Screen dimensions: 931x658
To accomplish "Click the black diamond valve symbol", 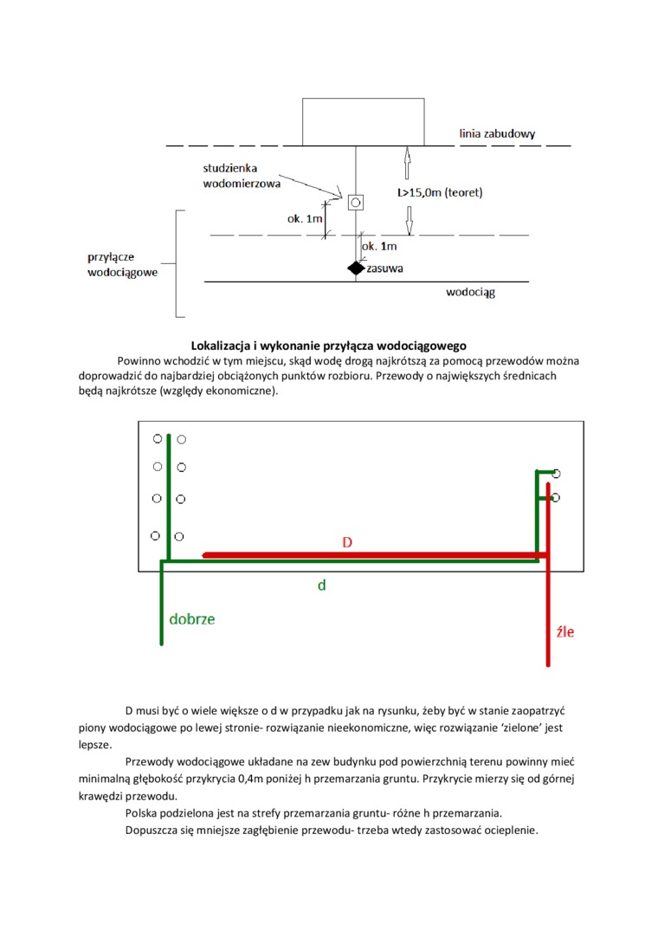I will (x=356, y=268).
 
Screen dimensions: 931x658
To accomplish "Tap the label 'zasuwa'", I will (x=385, y=268).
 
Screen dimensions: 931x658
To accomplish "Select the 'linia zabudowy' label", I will (x=497, y=133).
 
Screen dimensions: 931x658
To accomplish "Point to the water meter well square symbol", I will (x=356, y=203).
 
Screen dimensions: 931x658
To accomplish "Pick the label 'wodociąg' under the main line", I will (x=470, y=293).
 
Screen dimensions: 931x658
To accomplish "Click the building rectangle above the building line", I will (x=363, y=122).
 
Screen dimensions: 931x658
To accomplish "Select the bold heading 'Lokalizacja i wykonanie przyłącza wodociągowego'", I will (x=328, y=346).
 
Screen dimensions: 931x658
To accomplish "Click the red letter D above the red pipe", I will (x=347, y=542).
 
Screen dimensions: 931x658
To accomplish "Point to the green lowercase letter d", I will (x=321, y=585).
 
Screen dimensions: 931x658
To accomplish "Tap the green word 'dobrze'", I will (x=192, y=619).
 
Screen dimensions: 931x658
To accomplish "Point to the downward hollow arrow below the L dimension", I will (x=405, y=221).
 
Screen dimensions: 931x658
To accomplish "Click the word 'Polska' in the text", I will (x=143, y=813).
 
